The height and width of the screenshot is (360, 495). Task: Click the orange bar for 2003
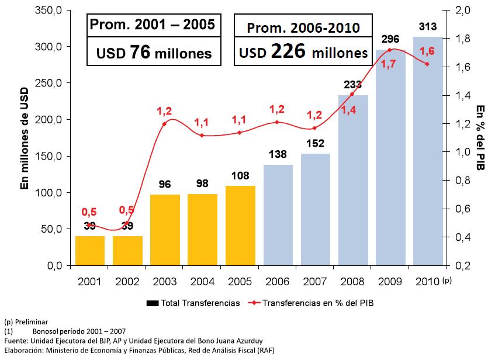click(165, 230)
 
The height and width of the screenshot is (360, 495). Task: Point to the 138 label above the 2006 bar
click(278, 155)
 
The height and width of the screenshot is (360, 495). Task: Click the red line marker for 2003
click(164, 124)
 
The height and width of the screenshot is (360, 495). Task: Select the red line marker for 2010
click(427, 64)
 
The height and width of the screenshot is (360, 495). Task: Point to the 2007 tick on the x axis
click(316, 282)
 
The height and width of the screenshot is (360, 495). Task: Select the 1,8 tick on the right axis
click(459, 39)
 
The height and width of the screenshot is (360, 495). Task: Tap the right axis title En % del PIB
click(481, 138)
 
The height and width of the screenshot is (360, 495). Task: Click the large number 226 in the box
click(289, 52)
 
